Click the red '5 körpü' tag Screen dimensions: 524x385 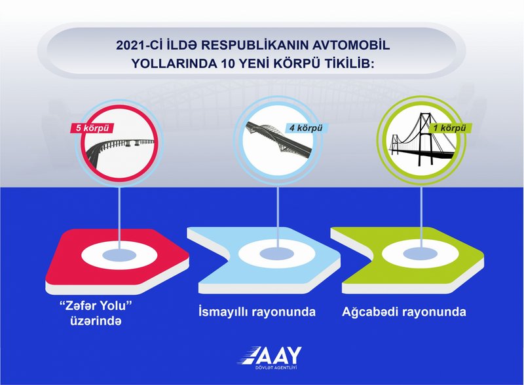click(x=91, y=128)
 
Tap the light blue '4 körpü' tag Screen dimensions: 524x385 click(x=306, y=127)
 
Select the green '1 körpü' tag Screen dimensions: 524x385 click(x=450, y=127)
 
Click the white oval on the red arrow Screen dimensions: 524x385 click(x=119, y=256)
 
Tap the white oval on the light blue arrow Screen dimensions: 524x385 click(x=277, y=254)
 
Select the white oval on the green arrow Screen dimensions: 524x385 click(x=420, y=254)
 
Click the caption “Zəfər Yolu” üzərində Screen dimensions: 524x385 click(x=96, y=313)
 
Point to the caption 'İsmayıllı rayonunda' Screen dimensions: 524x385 click(x=257, y=312)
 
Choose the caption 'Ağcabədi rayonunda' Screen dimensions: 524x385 click(x=403, y=312)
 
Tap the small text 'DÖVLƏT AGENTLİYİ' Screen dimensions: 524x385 click(x=276, y=367)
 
